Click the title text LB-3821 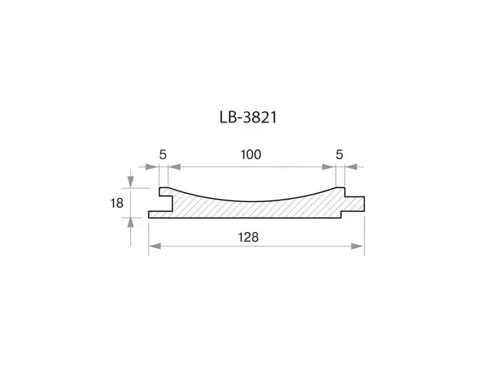coord(248,117)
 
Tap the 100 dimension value coord(250,154)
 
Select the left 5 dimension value coord(163,154)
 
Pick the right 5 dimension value coord(340,154)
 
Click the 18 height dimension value coord(116,203)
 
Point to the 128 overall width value coord(248,238)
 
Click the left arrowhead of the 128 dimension coord(155,246)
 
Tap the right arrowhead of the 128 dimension coord(357,246)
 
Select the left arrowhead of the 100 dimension coord(175,167)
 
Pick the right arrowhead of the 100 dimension coord(328,167)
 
